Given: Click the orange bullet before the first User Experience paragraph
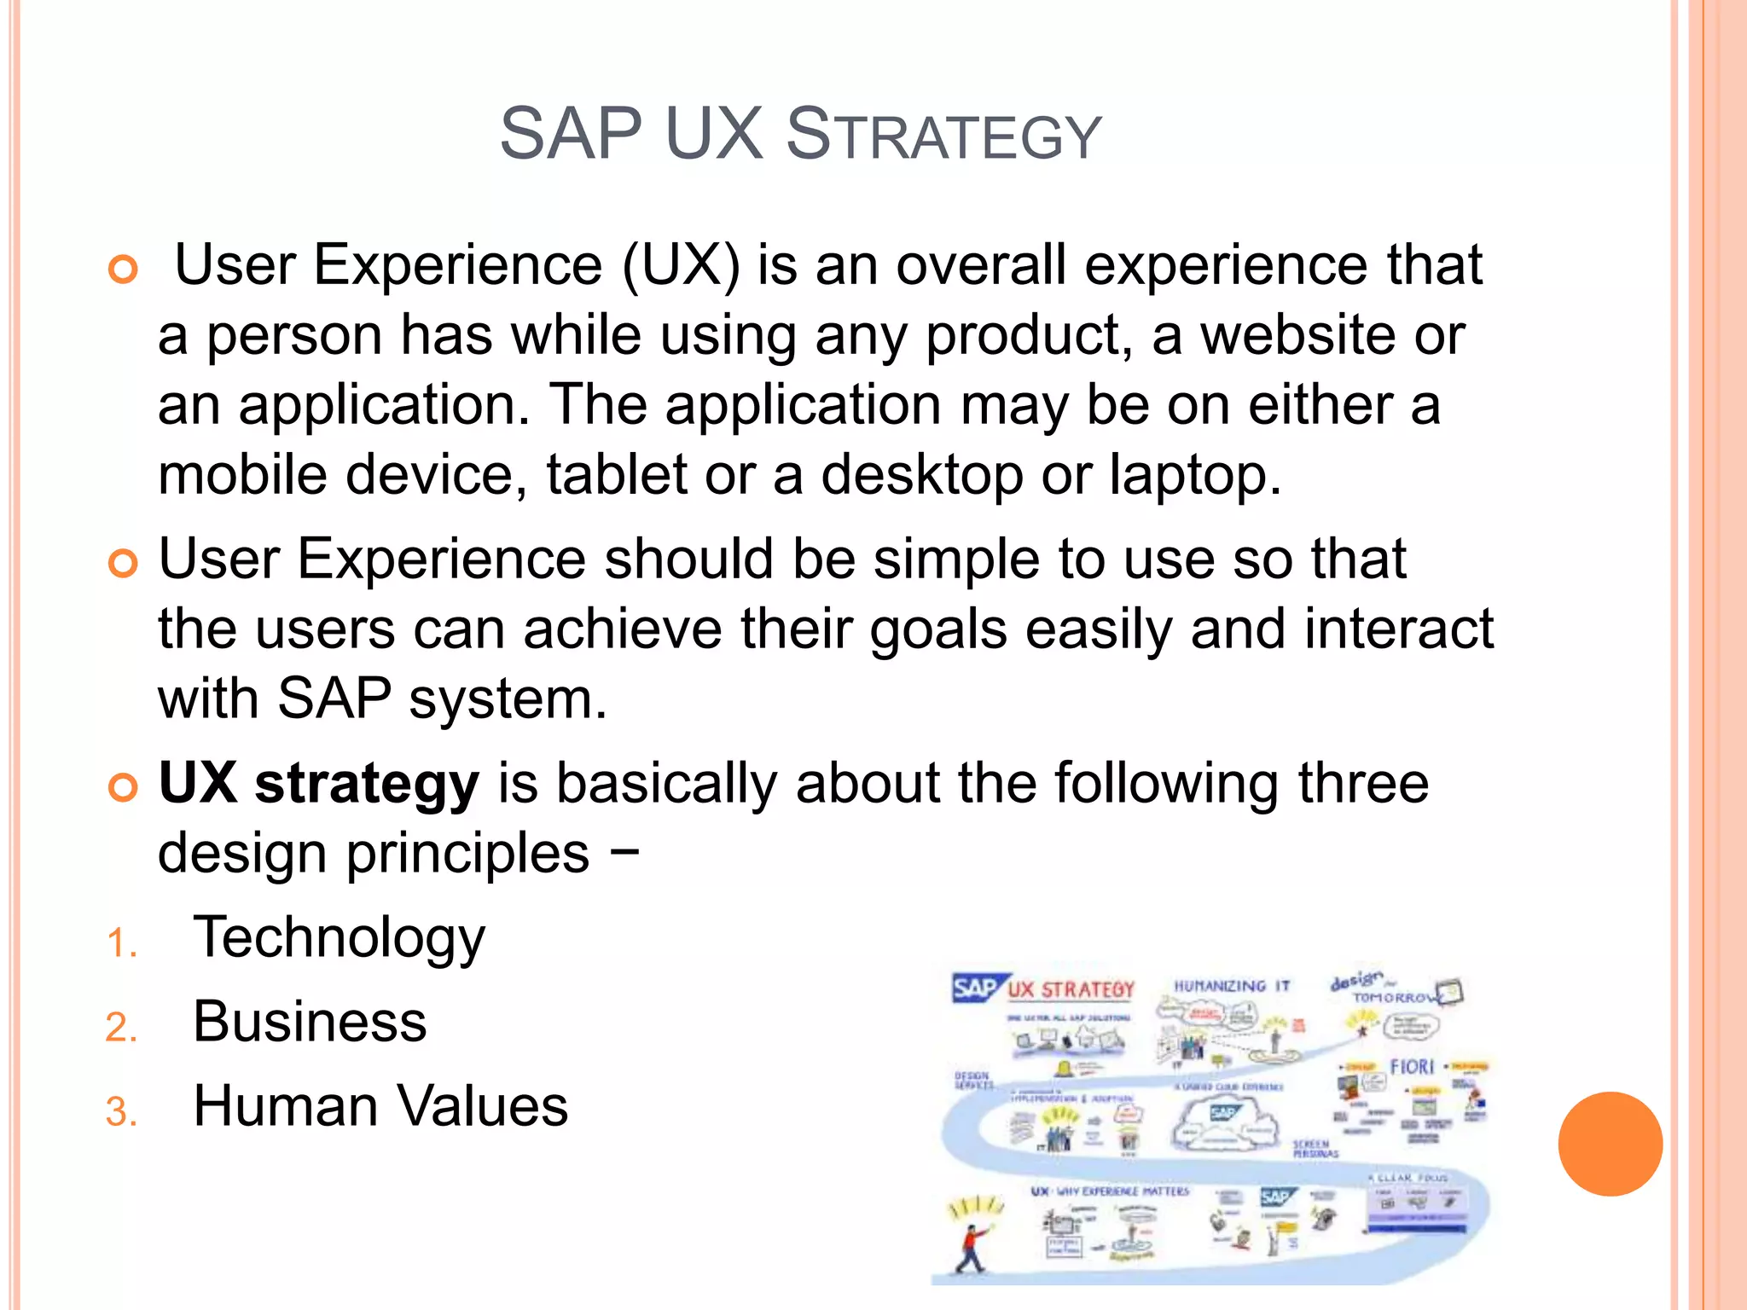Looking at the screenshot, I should coord(123,270).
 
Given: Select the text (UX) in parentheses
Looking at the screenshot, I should coord(681,265).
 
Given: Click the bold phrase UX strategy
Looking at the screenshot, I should coord(319,783).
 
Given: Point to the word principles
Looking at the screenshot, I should coord(467,854).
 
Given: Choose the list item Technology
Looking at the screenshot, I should coord(339,937).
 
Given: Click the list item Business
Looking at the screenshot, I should coord(310,1022).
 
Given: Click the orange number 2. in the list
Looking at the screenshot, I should coord(121,1027).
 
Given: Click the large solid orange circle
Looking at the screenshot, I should coord(1610,1144).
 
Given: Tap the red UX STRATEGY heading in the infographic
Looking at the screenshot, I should coord(1071,990).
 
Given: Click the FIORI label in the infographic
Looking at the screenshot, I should coord(1412,1067).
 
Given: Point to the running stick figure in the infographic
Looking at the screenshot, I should coord(971,1246).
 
